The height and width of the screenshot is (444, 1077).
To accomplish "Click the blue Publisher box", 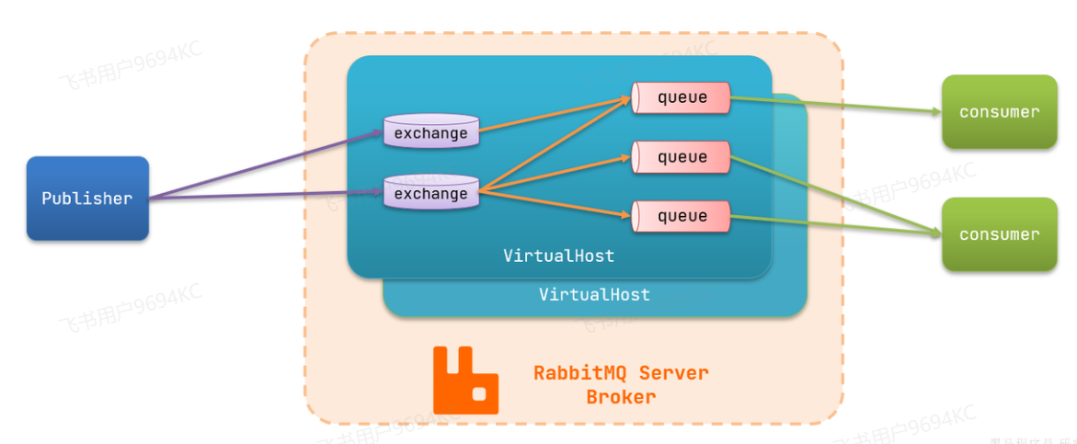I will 87,199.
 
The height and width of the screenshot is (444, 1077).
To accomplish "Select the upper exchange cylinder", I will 430,133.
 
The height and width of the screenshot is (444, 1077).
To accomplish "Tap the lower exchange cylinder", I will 430,194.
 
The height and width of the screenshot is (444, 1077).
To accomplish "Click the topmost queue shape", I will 681,97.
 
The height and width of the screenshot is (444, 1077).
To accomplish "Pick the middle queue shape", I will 681,157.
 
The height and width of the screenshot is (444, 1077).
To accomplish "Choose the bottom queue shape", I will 681,216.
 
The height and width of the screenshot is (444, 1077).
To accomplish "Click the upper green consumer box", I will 999,112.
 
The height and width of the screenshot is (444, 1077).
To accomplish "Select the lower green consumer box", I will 999,234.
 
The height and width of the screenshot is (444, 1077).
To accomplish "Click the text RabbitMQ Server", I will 621,373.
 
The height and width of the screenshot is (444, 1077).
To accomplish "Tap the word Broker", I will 621,397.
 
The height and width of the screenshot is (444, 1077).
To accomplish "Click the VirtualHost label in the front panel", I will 558,256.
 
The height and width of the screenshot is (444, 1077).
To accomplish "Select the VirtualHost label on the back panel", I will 594,295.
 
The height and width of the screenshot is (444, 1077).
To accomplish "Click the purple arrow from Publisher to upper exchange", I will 267,165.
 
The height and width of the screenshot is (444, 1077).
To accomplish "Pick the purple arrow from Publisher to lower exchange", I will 267,195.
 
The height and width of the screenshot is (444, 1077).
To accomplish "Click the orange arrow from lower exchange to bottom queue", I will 556,204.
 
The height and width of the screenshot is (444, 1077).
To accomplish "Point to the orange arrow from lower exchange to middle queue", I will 556,174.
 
